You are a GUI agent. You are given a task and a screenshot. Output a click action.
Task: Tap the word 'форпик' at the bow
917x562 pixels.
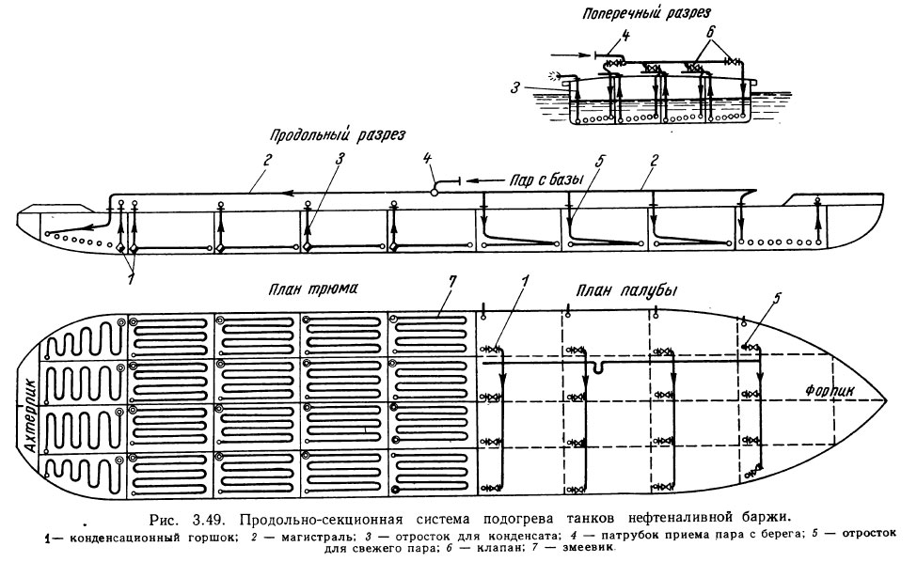click(829, 388)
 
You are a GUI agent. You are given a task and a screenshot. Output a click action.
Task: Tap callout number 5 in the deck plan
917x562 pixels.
click(778, 300)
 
